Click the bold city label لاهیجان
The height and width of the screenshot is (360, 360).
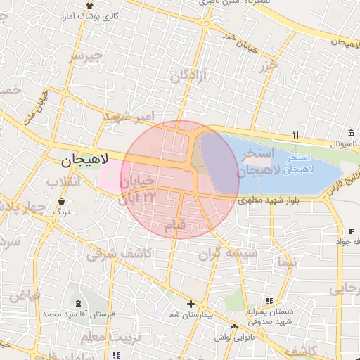pos(82,160)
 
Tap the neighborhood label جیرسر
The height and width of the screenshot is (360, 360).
pos(86,56)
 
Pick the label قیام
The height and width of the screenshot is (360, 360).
pos(174,226)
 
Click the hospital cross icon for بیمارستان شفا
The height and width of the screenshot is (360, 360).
pos(191,304)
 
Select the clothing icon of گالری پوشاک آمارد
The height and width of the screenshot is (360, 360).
pos(89,6)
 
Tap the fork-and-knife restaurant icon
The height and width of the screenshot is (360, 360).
pos(296,134)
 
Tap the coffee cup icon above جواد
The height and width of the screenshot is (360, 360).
pos(351,231)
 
